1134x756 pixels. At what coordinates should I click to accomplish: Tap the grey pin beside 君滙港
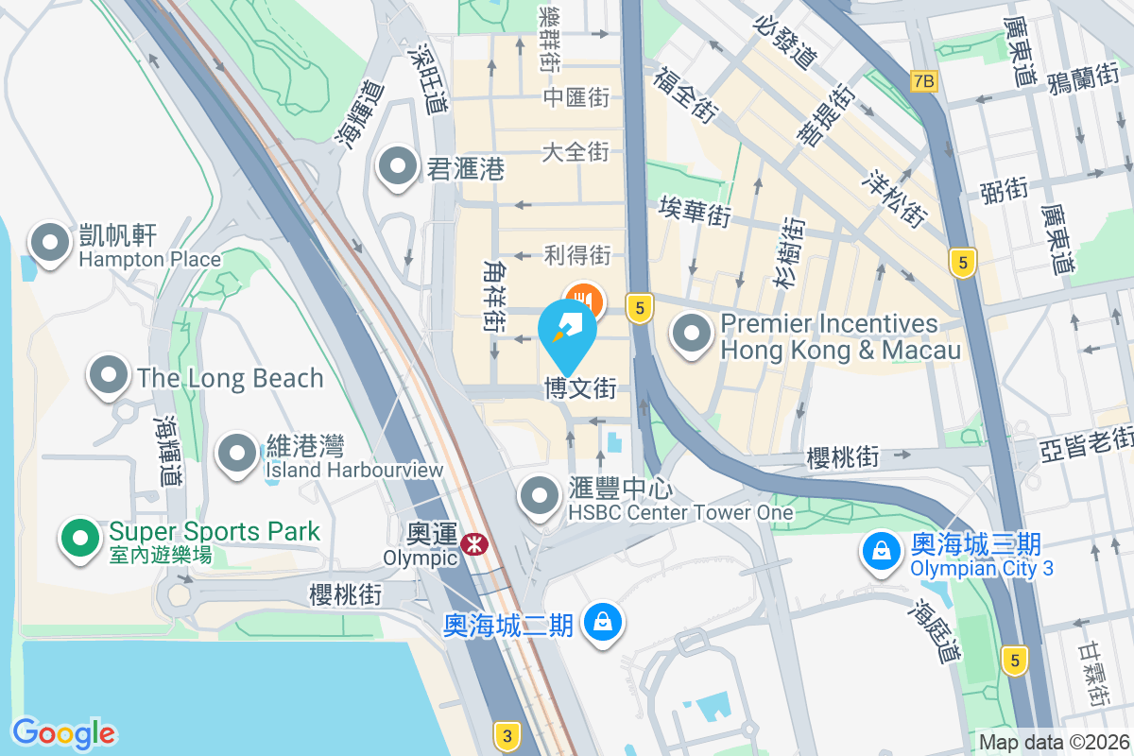(398, 167)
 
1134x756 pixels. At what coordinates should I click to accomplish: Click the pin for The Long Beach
(109, 375)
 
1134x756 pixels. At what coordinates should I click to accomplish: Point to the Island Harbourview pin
(236, 453)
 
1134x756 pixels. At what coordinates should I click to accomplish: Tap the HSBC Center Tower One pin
(541, 494)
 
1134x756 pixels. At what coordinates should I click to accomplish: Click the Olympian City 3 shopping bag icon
(881, 551)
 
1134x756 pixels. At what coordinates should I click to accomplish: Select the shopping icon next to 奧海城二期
(601, 622)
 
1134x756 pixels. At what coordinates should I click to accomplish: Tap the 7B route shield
(923, 81)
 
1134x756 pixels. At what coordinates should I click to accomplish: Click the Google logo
(63, 733)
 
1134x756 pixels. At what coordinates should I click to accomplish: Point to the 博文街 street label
(579, 388)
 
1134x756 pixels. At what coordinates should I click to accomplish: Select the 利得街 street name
(577, 254)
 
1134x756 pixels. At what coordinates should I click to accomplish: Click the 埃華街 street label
(696, 211)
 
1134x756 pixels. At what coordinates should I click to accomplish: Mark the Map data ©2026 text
(1053, 743)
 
